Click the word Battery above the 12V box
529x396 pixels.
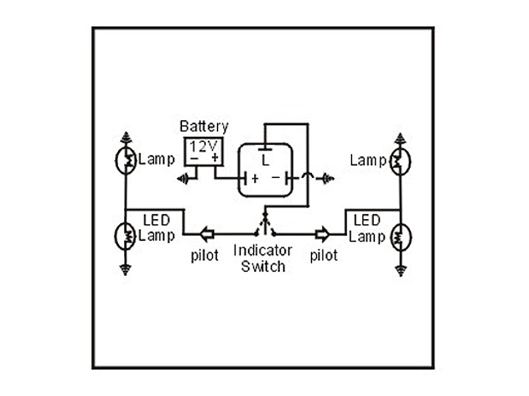[204, 127]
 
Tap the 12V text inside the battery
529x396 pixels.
[204, 146]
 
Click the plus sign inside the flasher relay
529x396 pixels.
[255, 179]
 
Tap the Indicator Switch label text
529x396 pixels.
[263, 258]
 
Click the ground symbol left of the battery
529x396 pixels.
[183, 179]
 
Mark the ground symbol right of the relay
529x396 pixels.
[326, 179]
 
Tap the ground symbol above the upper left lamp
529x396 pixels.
[126, 138]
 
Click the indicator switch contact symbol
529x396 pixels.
[264, 226]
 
